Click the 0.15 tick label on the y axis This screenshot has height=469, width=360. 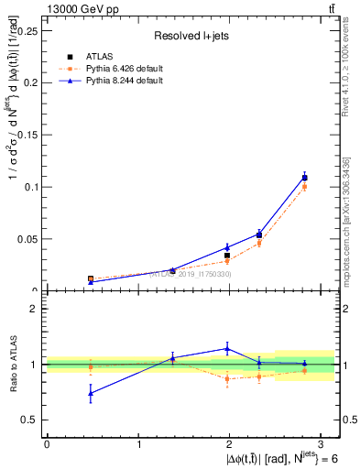point(27,135)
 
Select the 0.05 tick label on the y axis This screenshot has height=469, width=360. point(27,239)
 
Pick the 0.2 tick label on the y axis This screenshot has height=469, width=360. point(30,82)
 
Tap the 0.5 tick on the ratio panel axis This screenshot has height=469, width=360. point(30,420)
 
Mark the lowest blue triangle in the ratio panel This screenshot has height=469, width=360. point(90,393)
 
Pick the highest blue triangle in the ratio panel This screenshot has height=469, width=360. point(226,348)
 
